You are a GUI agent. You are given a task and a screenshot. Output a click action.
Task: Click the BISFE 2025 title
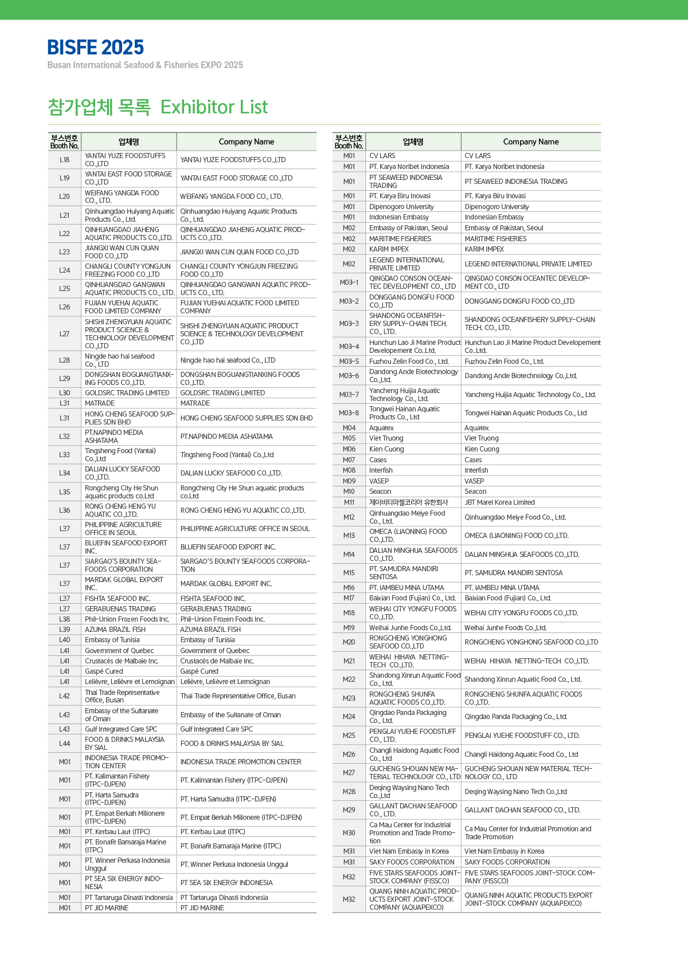point(96,48)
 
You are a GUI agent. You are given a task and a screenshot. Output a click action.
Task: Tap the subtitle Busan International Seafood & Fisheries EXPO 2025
point(145,65)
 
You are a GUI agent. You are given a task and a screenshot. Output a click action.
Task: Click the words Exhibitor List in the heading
point(214,107)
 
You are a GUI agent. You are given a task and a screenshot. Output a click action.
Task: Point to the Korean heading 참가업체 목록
point(99,107)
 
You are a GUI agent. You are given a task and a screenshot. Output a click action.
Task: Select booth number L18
point(64,160)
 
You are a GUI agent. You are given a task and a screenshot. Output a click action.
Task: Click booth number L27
point(64,334)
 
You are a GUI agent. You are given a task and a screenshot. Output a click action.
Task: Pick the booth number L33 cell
point(64,455)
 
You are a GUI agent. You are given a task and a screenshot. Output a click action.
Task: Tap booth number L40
point(64,640)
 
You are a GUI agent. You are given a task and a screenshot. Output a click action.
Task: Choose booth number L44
point(64,744)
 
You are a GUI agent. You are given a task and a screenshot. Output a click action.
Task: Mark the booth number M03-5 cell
point(349,361)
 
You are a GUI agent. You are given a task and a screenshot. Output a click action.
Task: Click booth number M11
point(349,502)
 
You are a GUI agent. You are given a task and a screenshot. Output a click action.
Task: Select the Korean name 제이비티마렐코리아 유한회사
point(409,502)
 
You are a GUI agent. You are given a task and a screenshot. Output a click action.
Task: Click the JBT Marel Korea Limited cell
point(499,502)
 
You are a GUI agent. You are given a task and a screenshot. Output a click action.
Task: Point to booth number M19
point(349,628)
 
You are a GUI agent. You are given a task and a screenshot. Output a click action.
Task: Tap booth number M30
point(349,833)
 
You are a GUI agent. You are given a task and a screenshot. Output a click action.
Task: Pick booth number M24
point(349,717)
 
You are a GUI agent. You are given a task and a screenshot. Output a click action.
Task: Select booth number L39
point(64,630)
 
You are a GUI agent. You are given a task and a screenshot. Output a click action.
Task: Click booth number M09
point(349,481)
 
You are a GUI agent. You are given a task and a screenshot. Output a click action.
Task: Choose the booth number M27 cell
point(349,773)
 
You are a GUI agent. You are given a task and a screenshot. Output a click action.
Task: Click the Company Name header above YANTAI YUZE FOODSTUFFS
point(247,142)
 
